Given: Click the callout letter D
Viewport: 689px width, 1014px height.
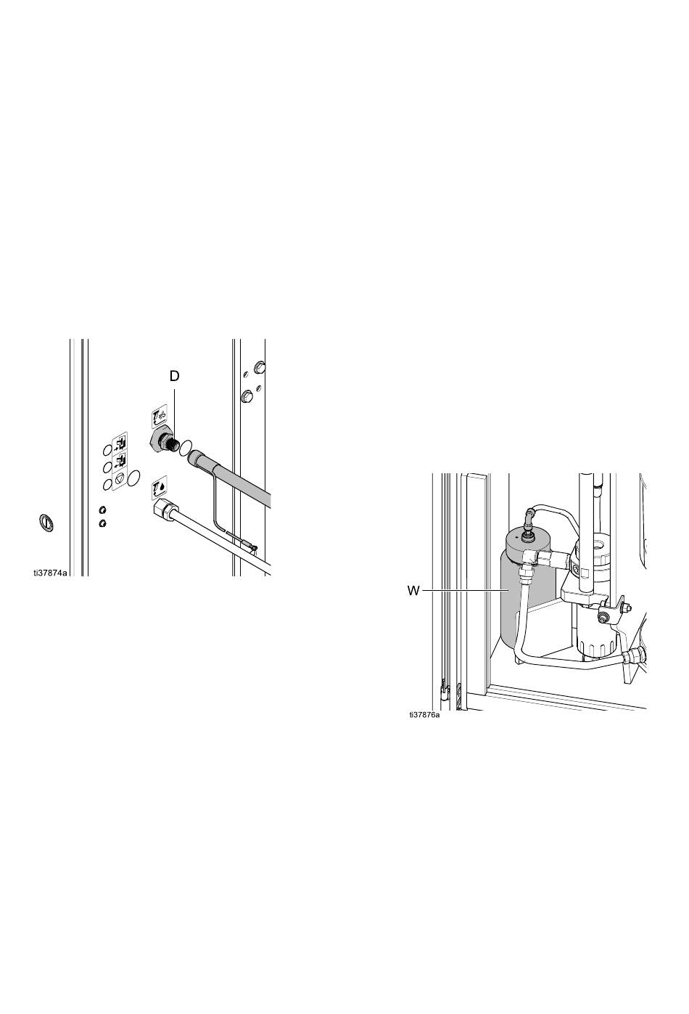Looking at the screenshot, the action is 174,376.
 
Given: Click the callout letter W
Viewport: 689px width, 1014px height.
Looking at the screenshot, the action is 413,591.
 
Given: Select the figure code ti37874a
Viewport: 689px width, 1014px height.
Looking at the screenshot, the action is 50,573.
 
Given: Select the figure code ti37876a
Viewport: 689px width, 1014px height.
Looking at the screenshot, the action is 424,715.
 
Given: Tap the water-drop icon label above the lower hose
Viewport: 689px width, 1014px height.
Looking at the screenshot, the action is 160,483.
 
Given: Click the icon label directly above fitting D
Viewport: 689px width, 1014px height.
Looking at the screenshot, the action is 159,415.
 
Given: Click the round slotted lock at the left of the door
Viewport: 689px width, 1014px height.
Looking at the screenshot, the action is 45,522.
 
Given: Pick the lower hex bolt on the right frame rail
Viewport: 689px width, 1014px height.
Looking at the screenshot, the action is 247,396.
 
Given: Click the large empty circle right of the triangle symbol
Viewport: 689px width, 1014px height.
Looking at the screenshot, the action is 134,478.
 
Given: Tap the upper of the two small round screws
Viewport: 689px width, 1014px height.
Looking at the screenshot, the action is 103,510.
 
